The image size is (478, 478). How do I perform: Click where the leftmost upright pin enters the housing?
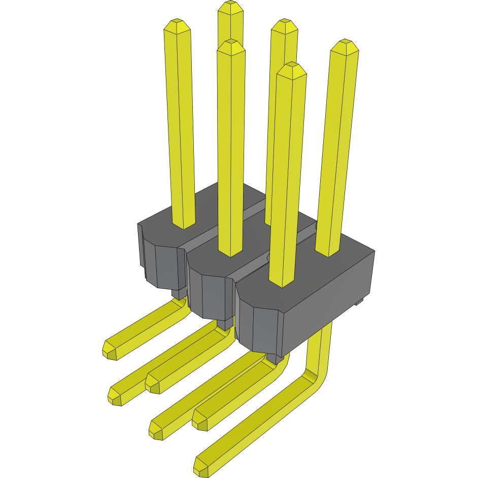(x=184, y=223)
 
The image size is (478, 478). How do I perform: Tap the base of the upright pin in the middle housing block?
(x=231, y=251)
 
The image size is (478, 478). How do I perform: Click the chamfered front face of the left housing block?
(x=165, y=266)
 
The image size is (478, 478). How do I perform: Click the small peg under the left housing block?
(x=178, y=293)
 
